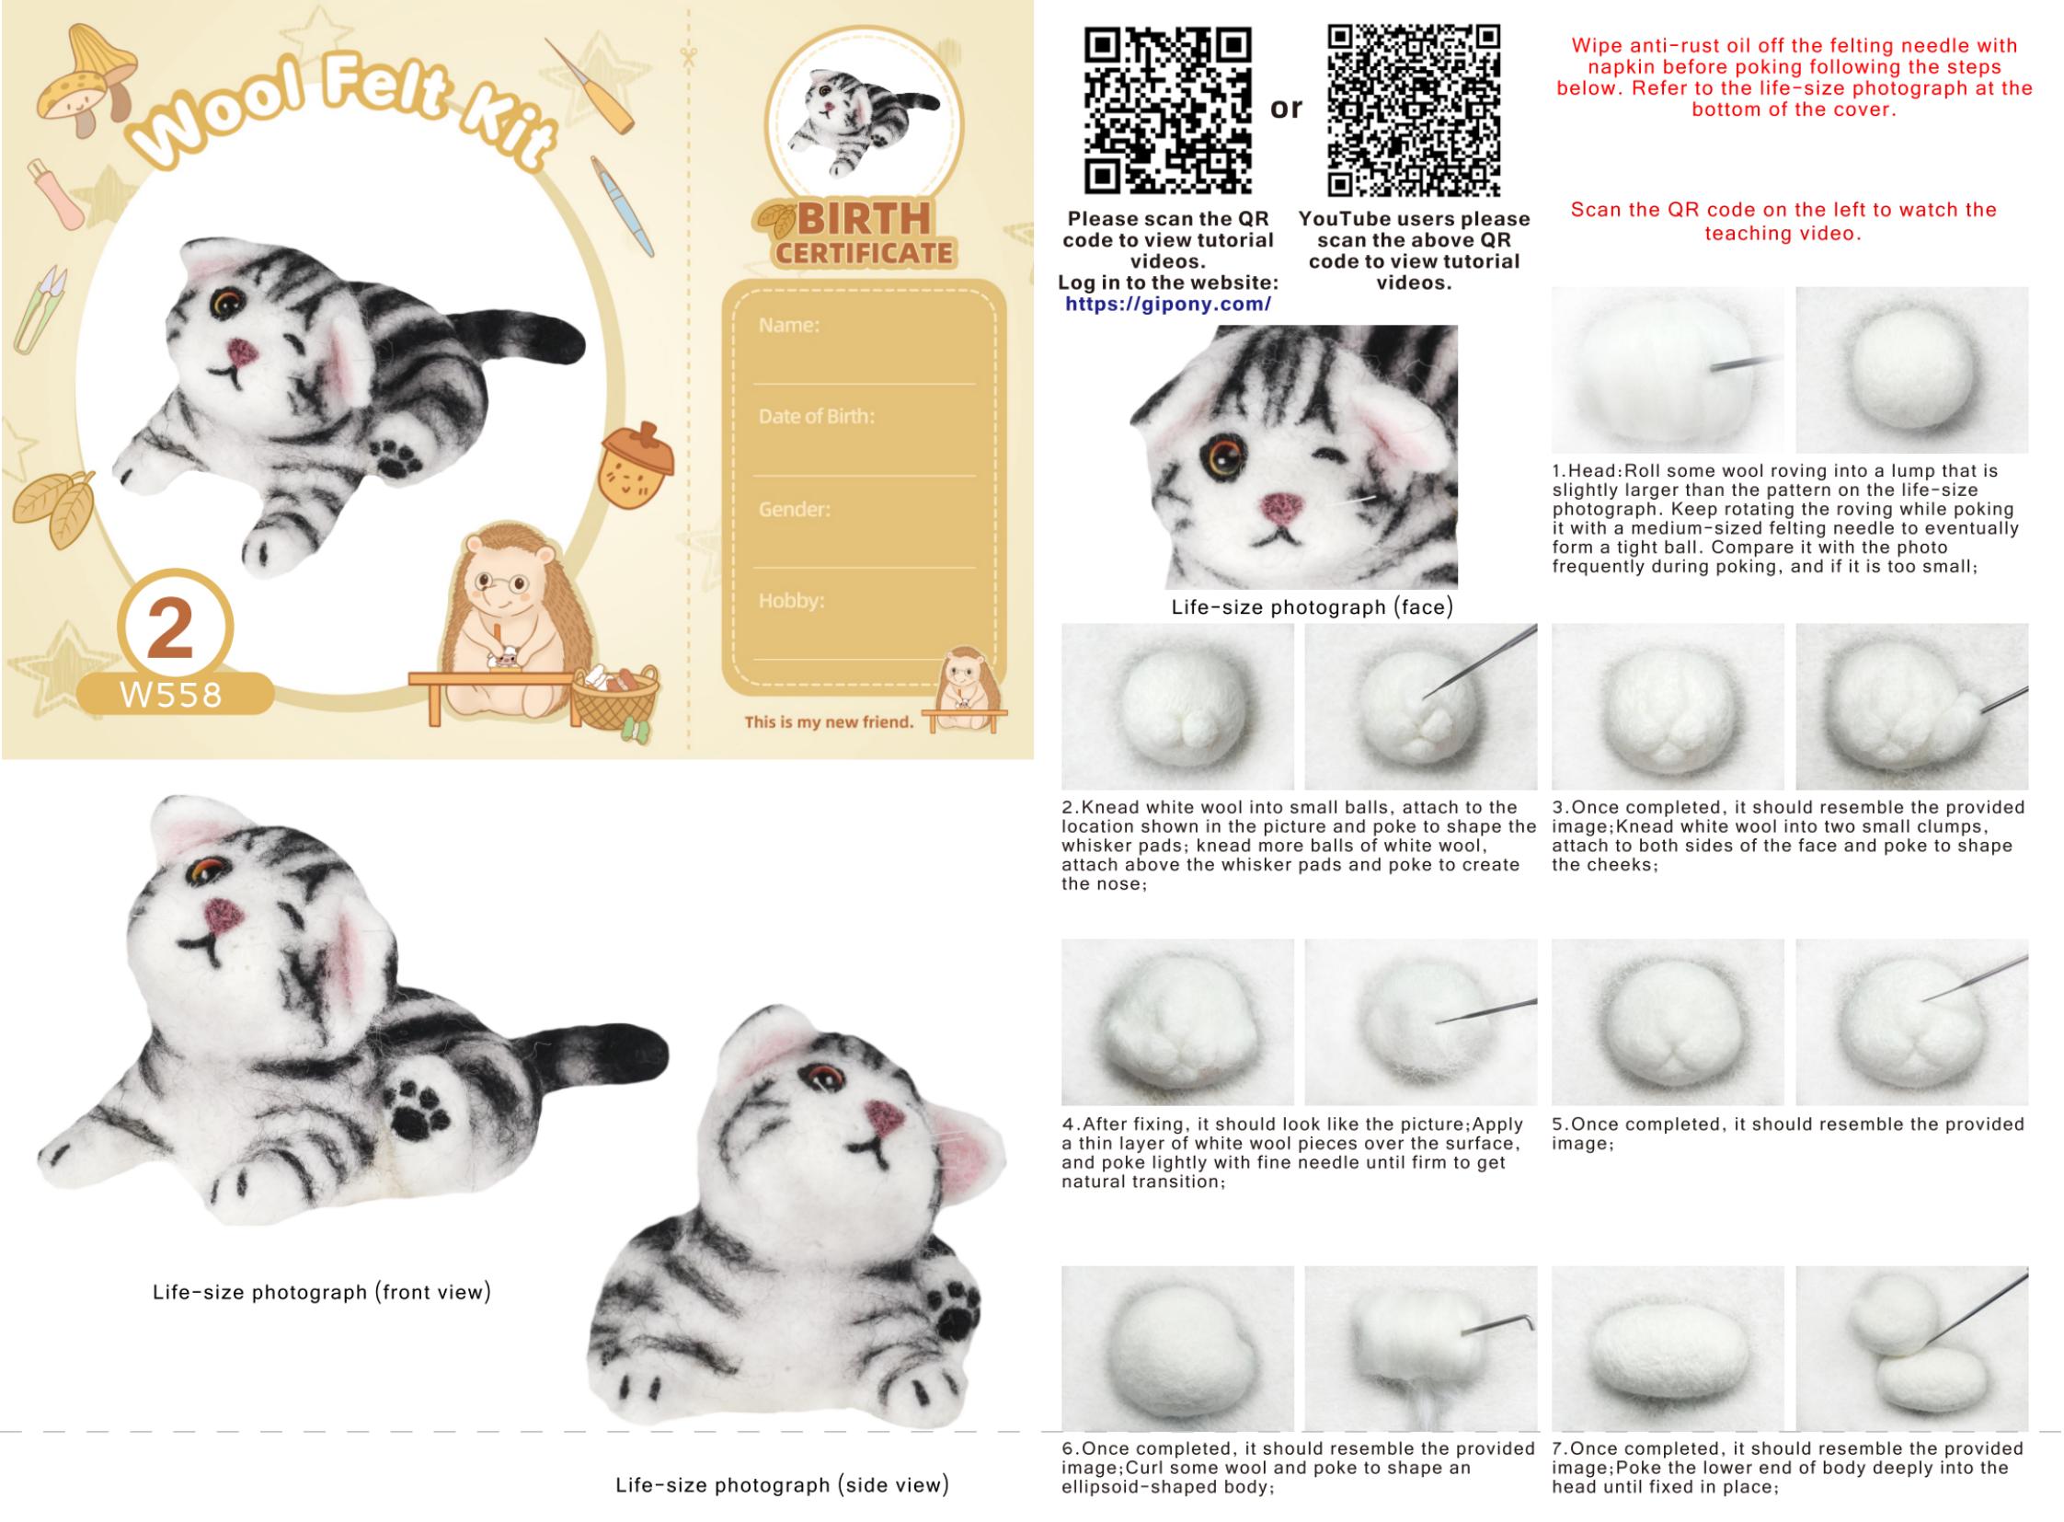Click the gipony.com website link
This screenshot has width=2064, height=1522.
pyautogui.click(x=1168, y=304)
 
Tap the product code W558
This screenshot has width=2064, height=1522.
pyautogui.click(x=172, y=695)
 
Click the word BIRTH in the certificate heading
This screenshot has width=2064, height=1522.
pyautogui.click(x=864, y=219)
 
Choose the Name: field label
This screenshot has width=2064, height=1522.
pyautogui.click(x=789, y=325)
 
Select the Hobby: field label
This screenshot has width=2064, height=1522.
pyautogui.click(x=791, y=601)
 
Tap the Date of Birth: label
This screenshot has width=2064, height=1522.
pyautogui.click(x=816, y=417)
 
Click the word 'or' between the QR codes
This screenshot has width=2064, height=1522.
pyautogui.click(x=1287, y=109)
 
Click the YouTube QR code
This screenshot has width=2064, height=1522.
pyautogui.click(x=1414, y=110)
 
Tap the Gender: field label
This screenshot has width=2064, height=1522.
pyautogui.click(x=794, y=509)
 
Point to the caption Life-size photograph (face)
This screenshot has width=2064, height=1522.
pyautogui.click(x=1313, y=607)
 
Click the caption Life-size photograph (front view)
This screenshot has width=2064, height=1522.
pyautogui.click(x=322, y=1292)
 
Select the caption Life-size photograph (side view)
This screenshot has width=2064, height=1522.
pyautogui.click(x=782, y=1484)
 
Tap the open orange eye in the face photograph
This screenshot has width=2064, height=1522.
pyautogui.click(x=1223, y=455)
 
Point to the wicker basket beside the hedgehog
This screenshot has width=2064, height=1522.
pyautogui.click(x=615, y=699)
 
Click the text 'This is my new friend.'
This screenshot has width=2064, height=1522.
pyautogui.click(x=829, y=722)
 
